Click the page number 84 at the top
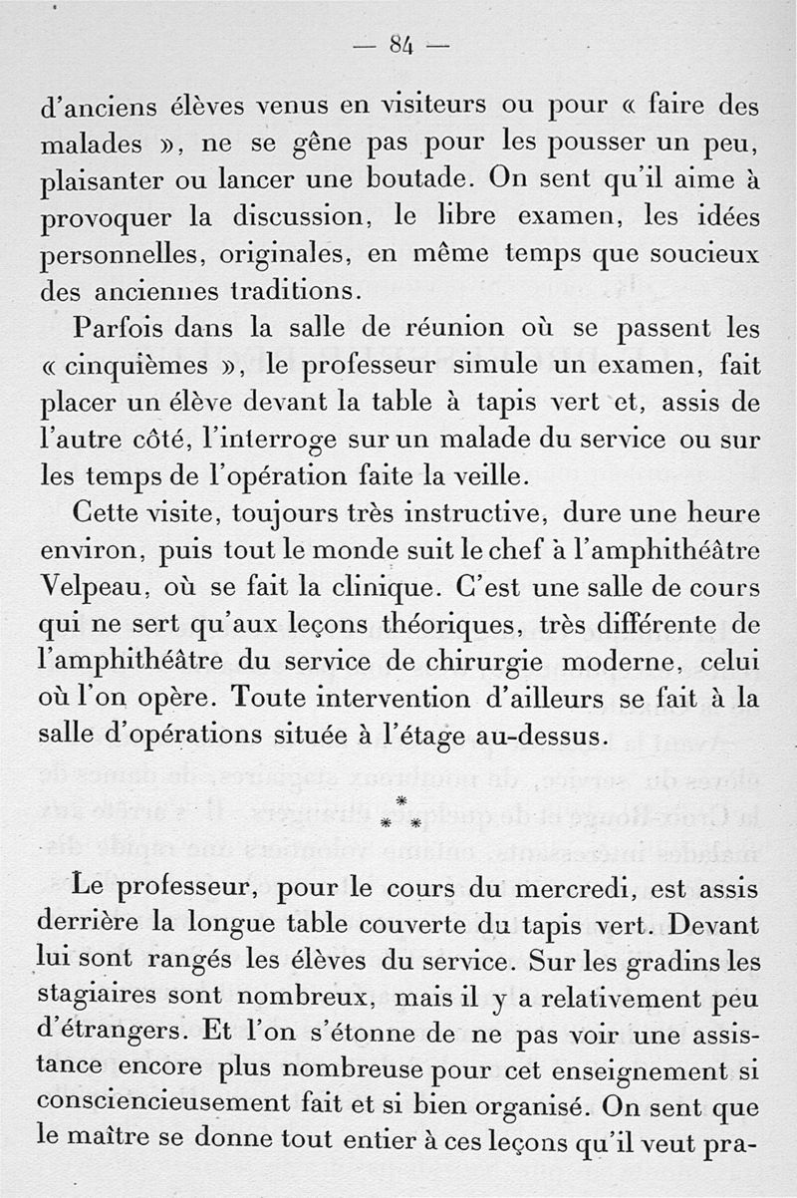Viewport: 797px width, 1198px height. click(401, 44)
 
